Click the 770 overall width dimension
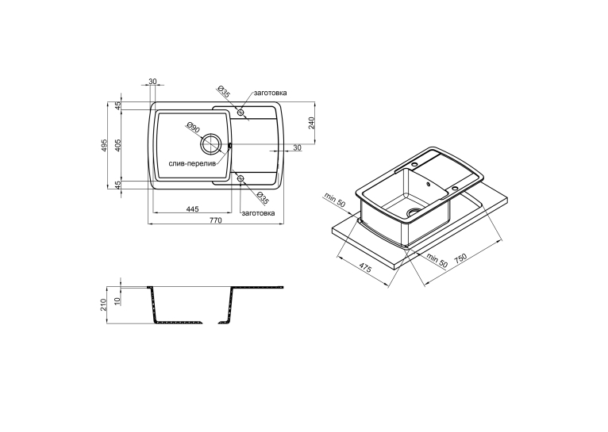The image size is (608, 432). point(216,220)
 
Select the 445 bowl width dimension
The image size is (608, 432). point(192,209)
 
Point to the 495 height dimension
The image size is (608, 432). point(103,145)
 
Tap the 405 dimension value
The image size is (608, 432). point(118,145)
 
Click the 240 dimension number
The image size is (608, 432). point(311,122)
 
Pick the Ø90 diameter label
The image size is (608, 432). point(193,128)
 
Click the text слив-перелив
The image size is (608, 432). point(192,164)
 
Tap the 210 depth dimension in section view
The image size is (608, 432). point(103,304)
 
